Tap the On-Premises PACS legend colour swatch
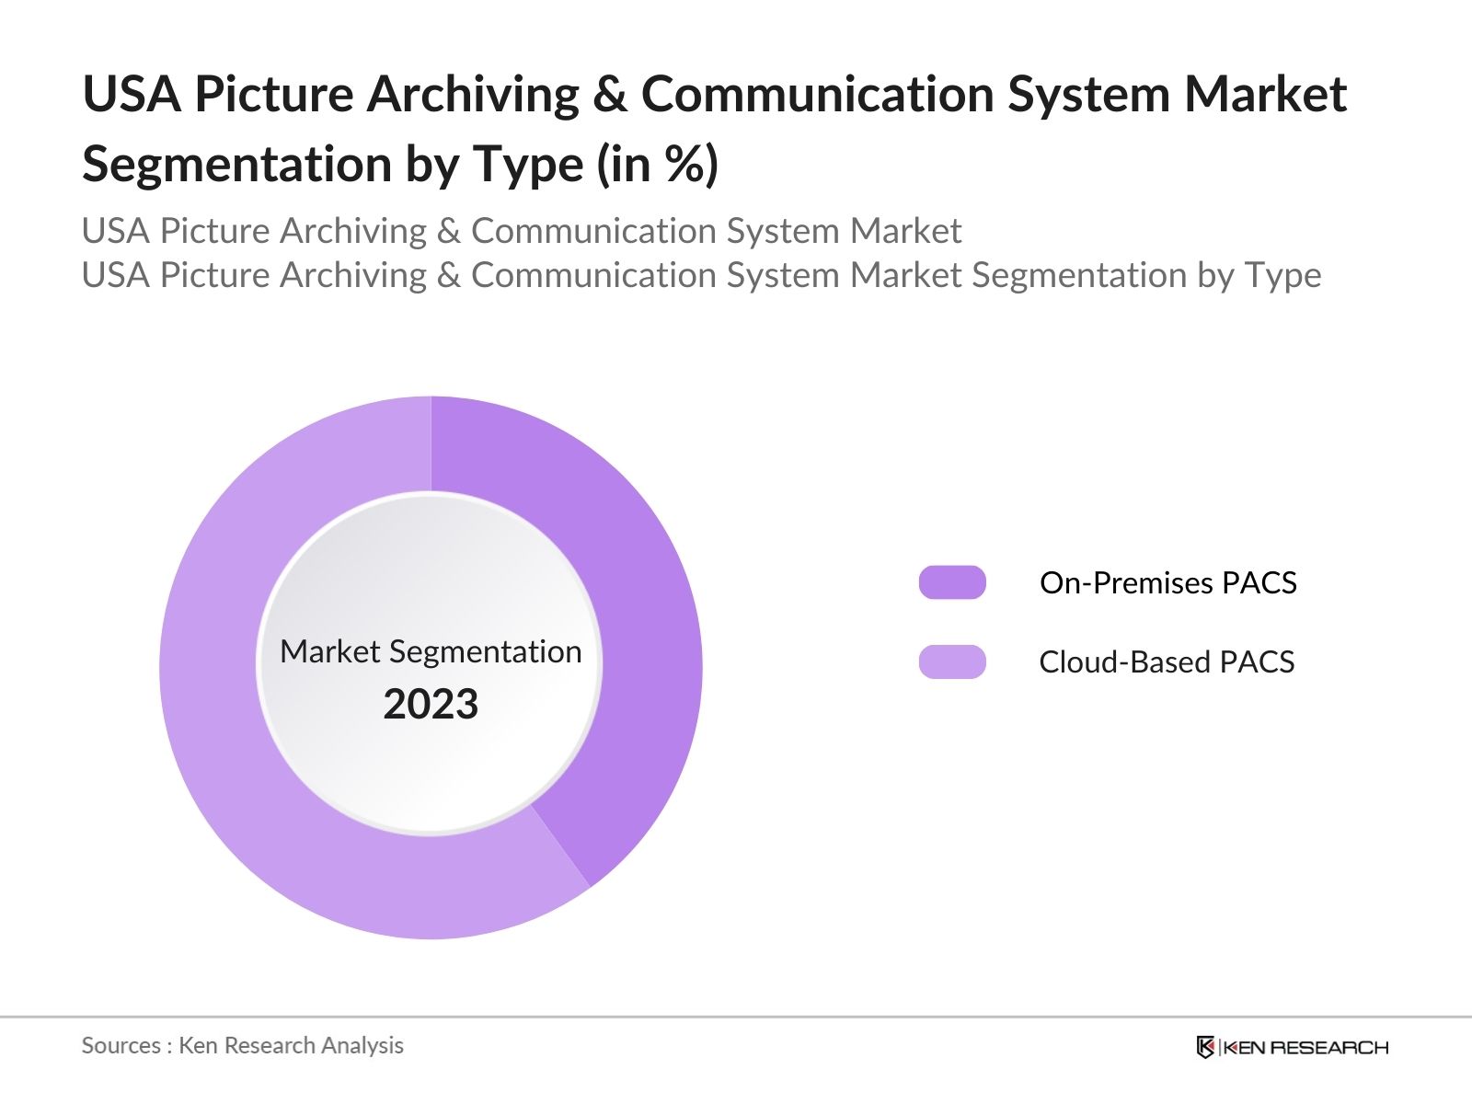[x=952, y=582]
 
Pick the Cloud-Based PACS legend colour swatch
[x=952, y=661]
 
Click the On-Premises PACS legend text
[x=1167, y=582]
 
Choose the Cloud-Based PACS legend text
[x=1167, y=661]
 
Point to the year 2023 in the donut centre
[x=431, y=705]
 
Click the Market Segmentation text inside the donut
[x=431, y=651]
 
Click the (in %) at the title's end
[x=658, y=165]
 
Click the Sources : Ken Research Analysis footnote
[x=243, y=1045]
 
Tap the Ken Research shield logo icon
[x=1205, y=1047]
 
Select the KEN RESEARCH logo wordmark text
[x=1306, y=1047]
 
